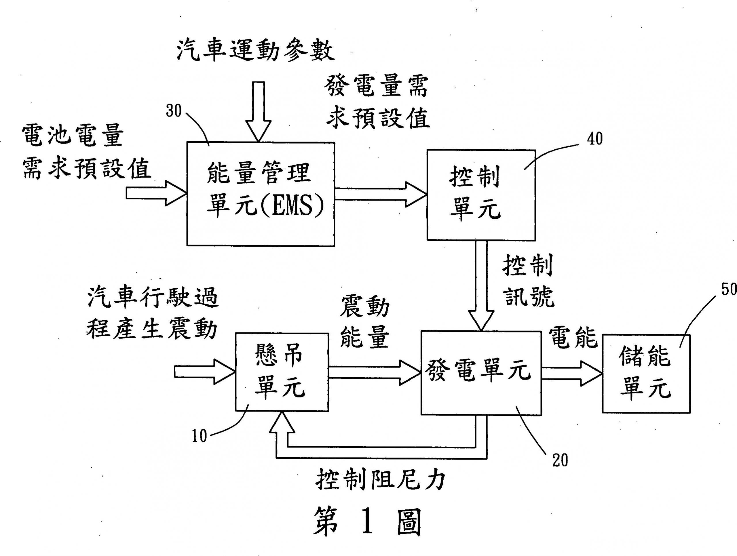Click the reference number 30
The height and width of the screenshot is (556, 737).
click(174, 111)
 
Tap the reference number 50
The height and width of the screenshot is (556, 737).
click(729, 288)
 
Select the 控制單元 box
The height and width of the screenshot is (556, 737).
click(481, 195)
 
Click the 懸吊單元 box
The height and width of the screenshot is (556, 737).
click(282, 372)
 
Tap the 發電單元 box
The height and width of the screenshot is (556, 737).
click(480, 372)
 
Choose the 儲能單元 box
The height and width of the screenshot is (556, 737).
click(646, 374)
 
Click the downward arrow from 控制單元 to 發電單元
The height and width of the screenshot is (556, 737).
click(481, 285)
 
